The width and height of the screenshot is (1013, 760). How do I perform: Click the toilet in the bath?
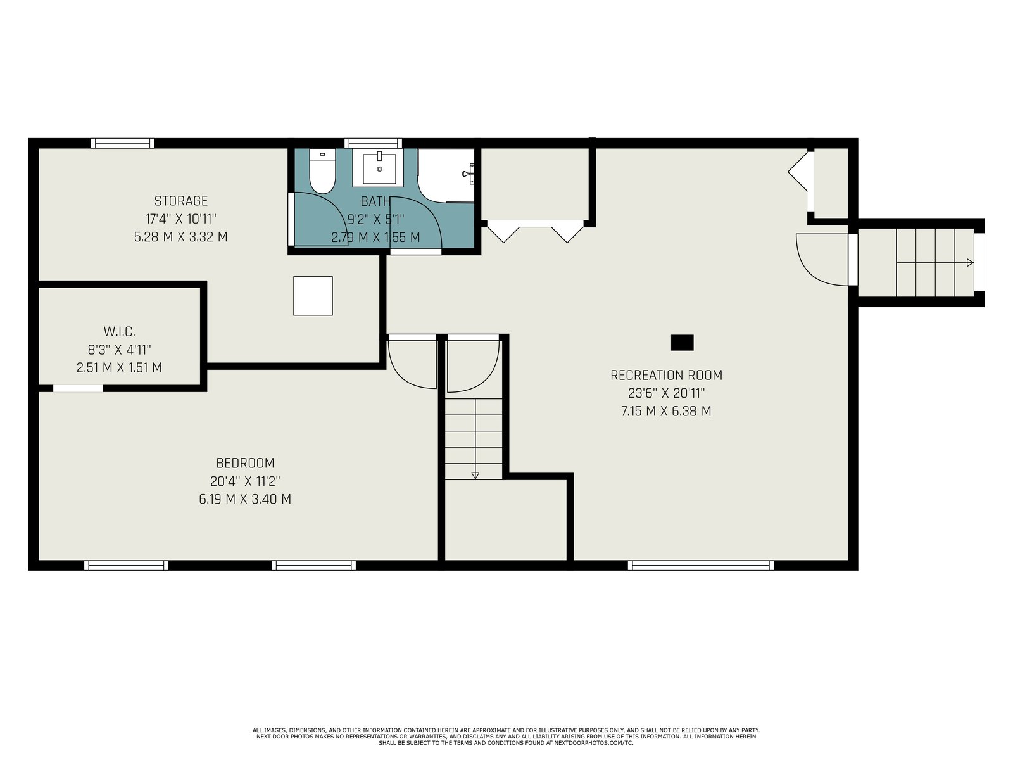click(322, 171)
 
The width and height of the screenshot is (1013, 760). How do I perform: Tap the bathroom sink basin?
click(379, 168)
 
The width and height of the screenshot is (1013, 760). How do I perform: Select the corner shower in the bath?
click(446, 175)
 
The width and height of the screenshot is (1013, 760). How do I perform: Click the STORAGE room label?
click(181, 201)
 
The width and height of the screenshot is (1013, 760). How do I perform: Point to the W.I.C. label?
click(119, 331)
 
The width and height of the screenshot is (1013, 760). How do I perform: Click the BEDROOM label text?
click(245, 463)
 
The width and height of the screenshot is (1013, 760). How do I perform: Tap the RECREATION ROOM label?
click(666, 375)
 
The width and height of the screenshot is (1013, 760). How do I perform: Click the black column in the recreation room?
click(682, 343)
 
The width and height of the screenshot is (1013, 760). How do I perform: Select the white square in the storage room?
click(313, 296)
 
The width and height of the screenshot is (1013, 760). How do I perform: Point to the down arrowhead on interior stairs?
click(475, 476)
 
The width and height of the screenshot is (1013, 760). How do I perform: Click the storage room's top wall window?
click(122, 143)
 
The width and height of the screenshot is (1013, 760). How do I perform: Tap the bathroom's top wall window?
click(373, 143)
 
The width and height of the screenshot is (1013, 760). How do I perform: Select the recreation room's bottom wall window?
click(701, 566)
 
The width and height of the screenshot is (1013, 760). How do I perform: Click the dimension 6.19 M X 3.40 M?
click(245, 499)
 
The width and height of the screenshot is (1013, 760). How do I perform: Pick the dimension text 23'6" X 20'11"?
click(666, 393)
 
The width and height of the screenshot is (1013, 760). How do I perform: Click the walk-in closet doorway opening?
click(78, 388)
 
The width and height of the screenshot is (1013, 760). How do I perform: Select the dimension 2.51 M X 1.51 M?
click(119, 368)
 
